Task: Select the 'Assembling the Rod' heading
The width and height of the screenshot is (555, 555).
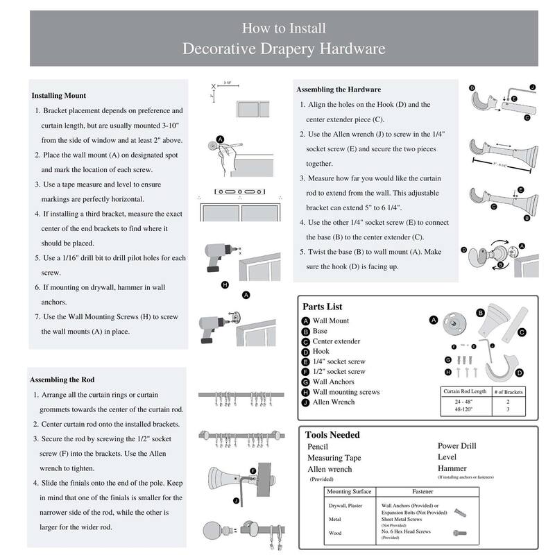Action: point(62,379)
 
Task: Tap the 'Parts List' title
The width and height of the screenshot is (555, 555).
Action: point(323,307)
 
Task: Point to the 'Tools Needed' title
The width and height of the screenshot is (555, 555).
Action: point(333,434)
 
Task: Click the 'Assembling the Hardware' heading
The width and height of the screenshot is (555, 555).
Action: point(339,89)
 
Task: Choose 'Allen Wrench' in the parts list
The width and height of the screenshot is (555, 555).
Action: point(334,402)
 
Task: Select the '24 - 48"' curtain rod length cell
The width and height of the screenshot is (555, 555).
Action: point(463,402)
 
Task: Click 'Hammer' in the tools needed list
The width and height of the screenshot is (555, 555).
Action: point(452,468)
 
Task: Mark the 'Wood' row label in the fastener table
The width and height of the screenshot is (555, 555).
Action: point(334,533)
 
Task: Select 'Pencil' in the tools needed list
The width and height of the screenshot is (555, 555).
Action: point(318,447)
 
